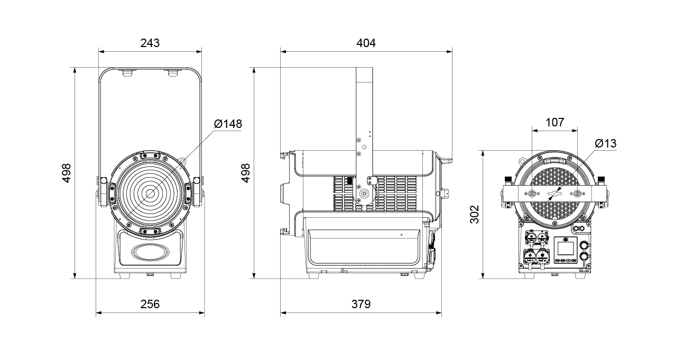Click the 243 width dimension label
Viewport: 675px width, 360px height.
[x=150, y=43]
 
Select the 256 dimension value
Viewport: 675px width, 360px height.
[x=150, y=304]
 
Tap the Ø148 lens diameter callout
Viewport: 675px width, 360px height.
[x=228, y=124]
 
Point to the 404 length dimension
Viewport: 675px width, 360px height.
[x=366, y=43]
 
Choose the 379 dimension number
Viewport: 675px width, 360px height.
[x=360, y=304]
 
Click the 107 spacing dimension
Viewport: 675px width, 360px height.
[x=555, y=122]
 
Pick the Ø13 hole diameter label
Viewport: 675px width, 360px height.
[x=606, y=143]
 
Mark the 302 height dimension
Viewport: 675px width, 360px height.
[x=475, y=214]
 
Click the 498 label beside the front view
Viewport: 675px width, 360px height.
[x=66, y=173]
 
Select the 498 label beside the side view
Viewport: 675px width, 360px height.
[x=246, y=173]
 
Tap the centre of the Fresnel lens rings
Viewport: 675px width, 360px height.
[x=150, y=193]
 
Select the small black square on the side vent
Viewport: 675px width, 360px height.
[x=349, y=180]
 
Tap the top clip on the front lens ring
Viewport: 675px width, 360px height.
[x=150, y=155]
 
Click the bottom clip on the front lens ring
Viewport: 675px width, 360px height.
[x=150, y=231]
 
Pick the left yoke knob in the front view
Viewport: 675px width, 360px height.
[x=104, y=180]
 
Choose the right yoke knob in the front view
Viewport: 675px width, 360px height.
[x=197, y=180]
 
